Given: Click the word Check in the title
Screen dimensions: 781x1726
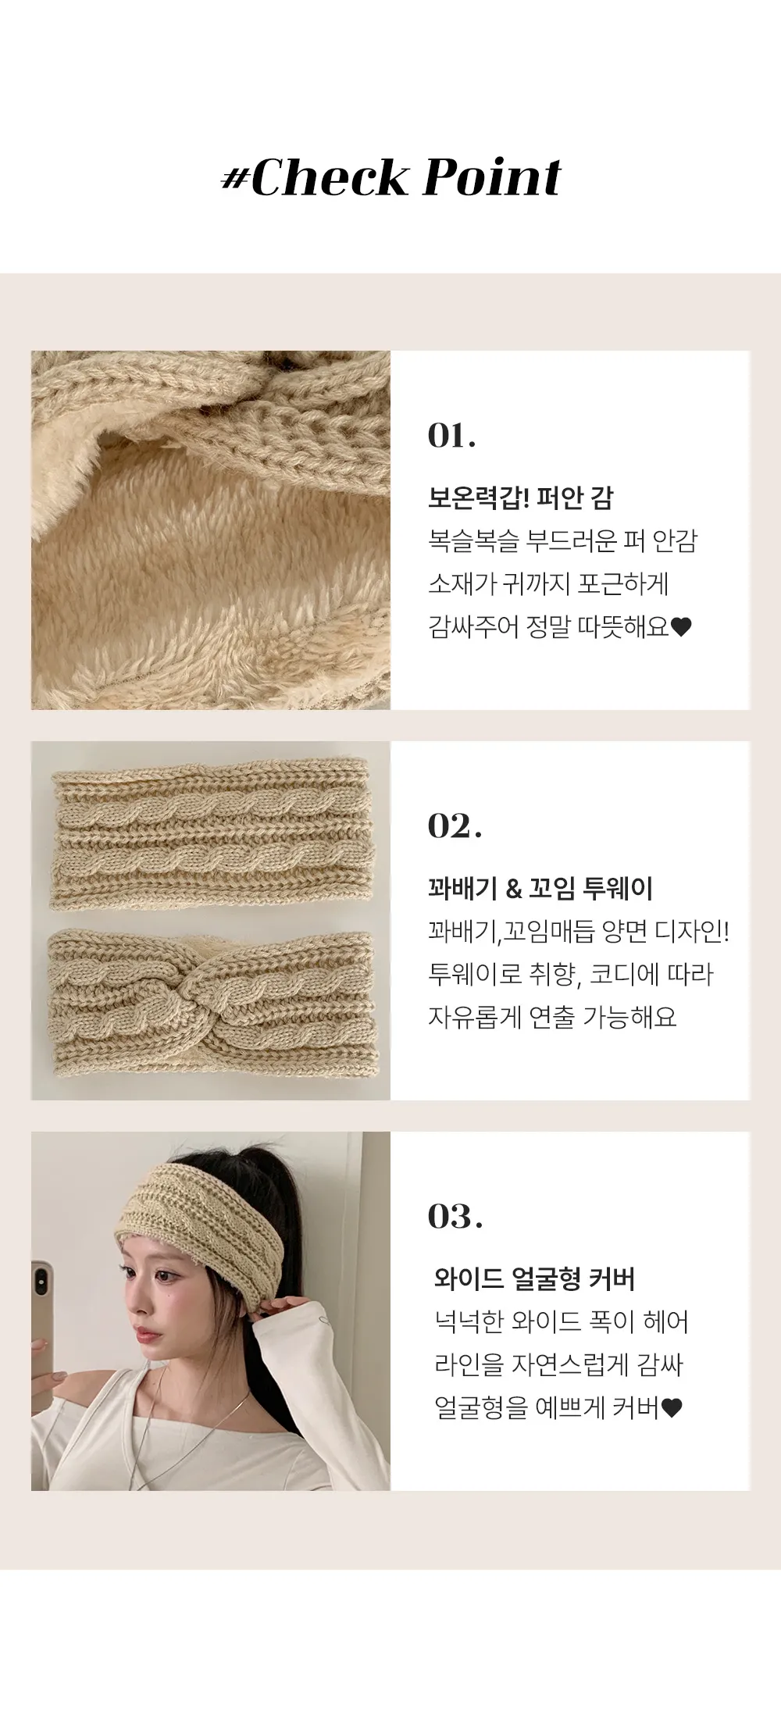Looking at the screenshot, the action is (x=330, y=177).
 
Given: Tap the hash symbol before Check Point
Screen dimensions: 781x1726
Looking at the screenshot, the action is (x=235, y=180).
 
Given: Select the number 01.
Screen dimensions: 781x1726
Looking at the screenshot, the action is (x=451, y=436).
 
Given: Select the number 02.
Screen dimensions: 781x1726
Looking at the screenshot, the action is (x=455, y=826).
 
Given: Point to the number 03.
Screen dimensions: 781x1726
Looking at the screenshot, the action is (x=455, y=1217).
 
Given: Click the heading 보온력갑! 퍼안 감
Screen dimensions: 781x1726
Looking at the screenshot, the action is (x=521, y=497).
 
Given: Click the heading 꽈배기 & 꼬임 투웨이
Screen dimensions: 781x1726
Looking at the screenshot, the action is (x=540, y=888).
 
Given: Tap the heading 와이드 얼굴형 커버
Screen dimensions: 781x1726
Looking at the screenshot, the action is (x=534, y=1278).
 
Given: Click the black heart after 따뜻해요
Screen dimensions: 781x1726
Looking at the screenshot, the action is (x=681, y=627).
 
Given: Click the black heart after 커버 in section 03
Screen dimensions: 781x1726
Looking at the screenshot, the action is (x=672, y=1408).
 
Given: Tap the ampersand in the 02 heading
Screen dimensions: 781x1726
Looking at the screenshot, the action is (x=514, y=889).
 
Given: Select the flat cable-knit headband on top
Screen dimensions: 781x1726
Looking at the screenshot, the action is (x=211, y=833).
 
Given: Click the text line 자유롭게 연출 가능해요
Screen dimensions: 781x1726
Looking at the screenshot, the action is (x=552, y=1017).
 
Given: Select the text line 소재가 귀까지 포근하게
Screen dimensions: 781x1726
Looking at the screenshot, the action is (x=548, y=583).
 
